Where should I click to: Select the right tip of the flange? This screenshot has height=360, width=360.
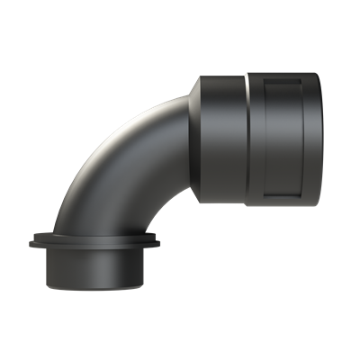click(163, 241)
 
